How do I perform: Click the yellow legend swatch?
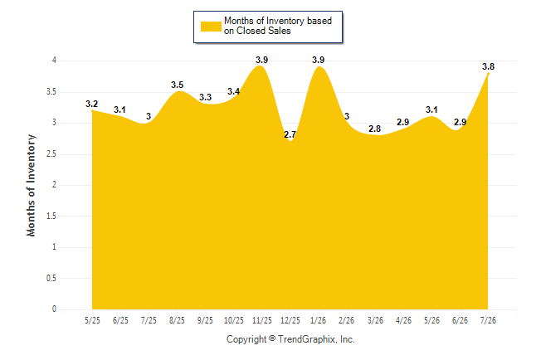[211, 27]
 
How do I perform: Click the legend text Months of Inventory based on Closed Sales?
[278, 26]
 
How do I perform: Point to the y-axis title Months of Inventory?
[31, 185]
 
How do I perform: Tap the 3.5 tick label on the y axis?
[51, 92]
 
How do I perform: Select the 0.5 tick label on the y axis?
[51, 278]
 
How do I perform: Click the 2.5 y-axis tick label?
[51, 154]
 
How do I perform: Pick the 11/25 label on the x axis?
[262, 321]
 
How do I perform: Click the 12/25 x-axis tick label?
[290, 321]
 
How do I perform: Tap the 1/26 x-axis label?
[319, 321]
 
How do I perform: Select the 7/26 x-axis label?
[488, 321]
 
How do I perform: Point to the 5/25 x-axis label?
[92, 321]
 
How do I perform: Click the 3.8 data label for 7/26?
[488, 66]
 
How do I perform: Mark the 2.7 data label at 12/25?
[290, 134]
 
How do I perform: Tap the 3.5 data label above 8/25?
[177, 85]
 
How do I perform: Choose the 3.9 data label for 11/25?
[262, 61]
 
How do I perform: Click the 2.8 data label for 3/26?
[375, 129]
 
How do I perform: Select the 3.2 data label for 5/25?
[91, 104]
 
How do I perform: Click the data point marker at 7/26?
[488, 74]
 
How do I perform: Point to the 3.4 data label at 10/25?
[233, 91]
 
